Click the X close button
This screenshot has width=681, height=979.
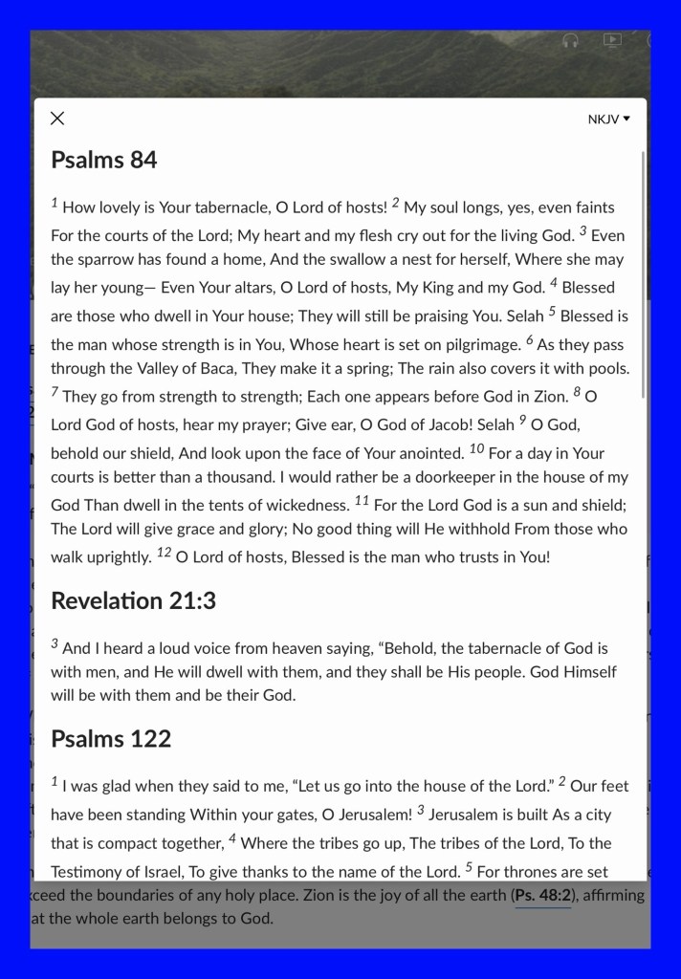point(57,119)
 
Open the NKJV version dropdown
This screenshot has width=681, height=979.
point(609,120)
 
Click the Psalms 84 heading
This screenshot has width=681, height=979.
point(103,160)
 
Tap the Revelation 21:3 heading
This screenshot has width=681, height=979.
point(133,600)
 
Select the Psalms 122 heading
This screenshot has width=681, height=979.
point(111,738)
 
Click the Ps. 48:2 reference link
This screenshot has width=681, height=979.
point(542,896)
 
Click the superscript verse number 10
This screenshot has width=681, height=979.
point(477,448)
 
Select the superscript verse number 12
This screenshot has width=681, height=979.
point(164,552)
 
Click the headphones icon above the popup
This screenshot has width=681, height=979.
point(571,41)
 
